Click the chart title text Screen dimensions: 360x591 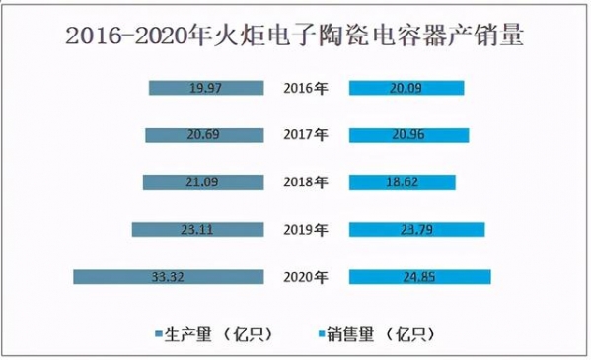[x=295, y=38]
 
